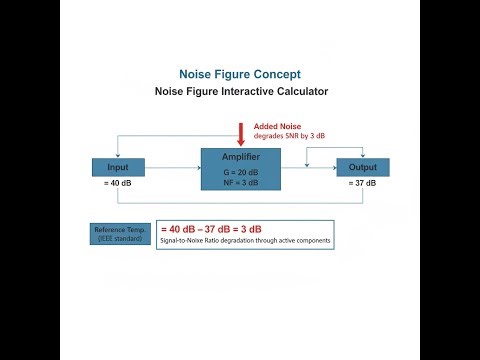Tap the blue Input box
[119, 166]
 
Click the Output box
[363, 166]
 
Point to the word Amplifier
[241, 158]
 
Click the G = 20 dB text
[241, 172]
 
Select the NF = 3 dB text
[241, 182]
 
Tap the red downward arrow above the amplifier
[241, 133]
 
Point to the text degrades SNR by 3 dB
[290, 136]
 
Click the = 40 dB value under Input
[118, 183]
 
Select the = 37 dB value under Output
[363, 183]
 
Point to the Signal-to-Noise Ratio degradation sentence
[245, 242]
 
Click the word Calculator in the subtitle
[298, 92]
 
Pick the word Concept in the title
[273, 75]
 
